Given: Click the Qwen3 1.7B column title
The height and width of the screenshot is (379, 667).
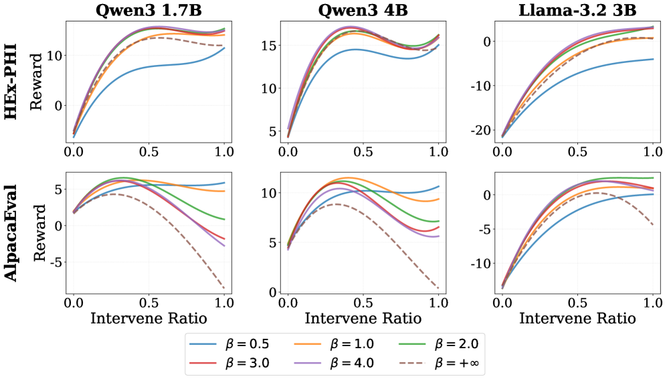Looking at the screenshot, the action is click(149, 10).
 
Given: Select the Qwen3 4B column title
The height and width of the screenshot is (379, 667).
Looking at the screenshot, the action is click(363, 10).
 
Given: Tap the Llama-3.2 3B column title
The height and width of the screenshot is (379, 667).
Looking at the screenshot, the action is click(577, 10).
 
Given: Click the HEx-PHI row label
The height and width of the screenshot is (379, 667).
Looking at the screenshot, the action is click(11, 81).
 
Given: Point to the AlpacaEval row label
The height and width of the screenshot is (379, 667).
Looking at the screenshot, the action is click(11, 233).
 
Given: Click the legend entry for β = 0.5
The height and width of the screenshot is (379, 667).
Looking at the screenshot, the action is click(229, 344).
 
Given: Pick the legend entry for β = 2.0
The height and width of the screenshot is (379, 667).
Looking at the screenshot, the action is click(439, 344).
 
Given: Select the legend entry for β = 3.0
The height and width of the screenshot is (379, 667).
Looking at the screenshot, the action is click(229, 363).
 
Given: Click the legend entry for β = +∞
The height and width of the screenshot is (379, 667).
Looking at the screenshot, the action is click(439, 363).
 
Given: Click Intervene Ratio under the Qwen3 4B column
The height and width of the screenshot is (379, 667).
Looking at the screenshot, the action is click(363, 318).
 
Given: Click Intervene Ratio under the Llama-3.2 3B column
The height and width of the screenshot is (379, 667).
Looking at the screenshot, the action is click(577, 318).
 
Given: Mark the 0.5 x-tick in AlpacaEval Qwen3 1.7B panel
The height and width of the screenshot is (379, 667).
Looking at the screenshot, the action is click(149, 303).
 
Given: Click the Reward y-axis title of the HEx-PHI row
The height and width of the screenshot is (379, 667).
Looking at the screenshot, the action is click(37, 81).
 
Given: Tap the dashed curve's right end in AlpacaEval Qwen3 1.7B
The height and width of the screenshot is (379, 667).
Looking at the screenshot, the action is click(224, 289).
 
